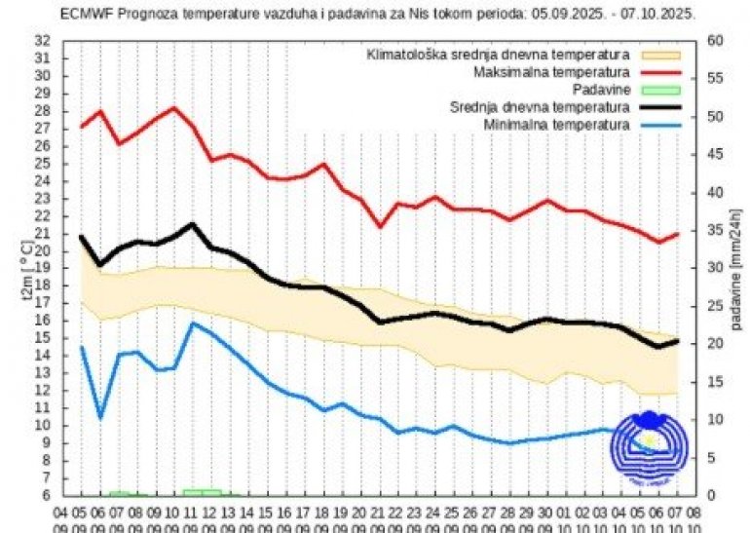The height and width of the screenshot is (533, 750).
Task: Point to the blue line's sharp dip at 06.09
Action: [100, 419]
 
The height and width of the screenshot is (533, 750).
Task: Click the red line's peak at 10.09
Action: [174, 107]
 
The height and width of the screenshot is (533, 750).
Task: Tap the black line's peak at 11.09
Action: [193, 224]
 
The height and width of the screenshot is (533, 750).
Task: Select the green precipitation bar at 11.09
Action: [202, 492]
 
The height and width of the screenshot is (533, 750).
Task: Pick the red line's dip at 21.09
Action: [381, 227]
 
